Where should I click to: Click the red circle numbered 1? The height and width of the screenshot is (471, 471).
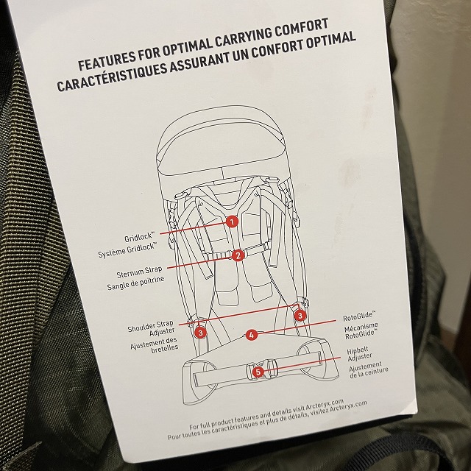pos(232,222)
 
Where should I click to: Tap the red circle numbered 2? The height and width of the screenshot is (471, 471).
pos(238,255)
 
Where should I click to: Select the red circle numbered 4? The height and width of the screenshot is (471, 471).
pos(252,335)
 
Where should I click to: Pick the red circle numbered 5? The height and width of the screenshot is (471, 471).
pos(258,372)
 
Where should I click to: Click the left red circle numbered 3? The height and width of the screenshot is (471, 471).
pos(200,333)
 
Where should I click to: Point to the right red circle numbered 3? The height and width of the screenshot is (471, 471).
pos(300,316)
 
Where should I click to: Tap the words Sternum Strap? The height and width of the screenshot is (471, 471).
pos(139,272)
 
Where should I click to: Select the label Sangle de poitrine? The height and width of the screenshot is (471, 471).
pos(135,283)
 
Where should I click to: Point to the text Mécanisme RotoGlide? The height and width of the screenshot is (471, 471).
pos(361,330)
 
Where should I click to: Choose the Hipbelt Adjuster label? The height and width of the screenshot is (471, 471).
pos(360,354)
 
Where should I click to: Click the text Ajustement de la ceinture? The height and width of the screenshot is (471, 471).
pos(369,370)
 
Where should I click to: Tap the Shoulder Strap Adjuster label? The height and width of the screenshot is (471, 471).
pos(151,328)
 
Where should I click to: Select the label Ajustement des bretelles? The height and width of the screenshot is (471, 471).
pos(155,345)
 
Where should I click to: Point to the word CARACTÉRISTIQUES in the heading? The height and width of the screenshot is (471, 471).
pos(112,77)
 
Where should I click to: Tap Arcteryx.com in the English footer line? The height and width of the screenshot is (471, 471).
pos(325,405)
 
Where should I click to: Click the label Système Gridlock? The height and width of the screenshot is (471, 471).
pos(127,250)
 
